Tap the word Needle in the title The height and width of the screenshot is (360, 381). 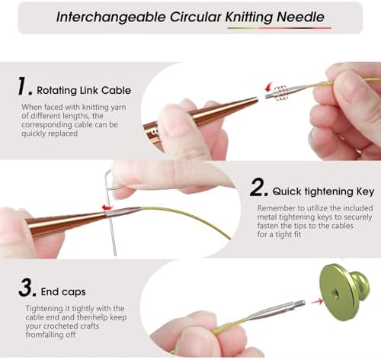pos(300,17)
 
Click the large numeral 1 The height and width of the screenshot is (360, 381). pos(24,86)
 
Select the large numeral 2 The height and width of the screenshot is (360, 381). pos(258,187)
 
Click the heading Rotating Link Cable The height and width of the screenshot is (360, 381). pos(84,91)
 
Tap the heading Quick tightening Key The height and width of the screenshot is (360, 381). pos(323,191)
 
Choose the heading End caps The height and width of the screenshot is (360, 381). pos(63,292)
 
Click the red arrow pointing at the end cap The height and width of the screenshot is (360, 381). pos(317,302)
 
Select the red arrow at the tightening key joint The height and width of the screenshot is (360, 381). pos(107,207)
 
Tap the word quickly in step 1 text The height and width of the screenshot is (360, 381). pos(34,133)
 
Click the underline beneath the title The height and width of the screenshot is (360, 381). pos(280,28)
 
